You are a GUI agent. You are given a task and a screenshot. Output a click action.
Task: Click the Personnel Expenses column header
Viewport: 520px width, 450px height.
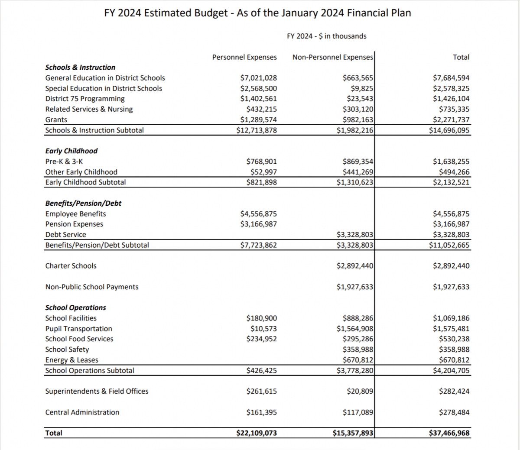(x=244, y=57)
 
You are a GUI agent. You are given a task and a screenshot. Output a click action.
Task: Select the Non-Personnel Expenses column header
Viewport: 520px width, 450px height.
(x=332, y=57)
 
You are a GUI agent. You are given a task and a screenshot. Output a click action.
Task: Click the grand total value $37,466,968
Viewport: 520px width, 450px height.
(x=449, y=433)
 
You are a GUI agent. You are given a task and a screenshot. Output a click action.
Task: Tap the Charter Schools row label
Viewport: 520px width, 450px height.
(x=71, y=266)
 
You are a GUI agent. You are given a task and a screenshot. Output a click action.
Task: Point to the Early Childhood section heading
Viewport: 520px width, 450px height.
(x=71, y=151)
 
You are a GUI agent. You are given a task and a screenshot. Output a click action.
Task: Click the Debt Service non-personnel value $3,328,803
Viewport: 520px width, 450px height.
(x=354, y=234)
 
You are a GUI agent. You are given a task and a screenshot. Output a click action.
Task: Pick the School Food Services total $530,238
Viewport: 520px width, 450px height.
(x=454, y=339)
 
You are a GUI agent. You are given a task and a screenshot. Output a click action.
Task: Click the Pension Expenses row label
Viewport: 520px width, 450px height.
(x=74, y=224)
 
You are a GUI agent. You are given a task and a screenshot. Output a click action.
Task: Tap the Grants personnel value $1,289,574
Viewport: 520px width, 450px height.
(x=258, y=120)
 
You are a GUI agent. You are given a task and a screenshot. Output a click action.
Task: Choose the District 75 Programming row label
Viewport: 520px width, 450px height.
(x=85, y=99)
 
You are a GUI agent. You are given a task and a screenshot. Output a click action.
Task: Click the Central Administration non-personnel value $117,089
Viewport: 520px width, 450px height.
(x=357, y=412)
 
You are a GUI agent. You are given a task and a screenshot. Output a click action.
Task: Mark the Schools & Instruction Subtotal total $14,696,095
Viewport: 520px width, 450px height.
(x=449, y=130)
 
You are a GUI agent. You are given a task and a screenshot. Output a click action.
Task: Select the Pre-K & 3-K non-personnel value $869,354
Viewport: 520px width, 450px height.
(x=357, y=162)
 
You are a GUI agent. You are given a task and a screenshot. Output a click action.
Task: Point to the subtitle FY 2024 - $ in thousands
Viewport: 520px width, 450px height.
(x=327, y=36)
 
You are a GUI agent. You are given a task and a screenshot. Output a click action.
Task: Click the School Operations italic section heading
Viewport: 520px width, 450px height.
(x=75, y=308)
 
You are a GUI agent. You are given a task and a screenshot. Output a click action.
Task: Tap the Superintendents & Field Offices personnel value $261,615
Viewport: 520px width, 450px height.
(x=261, y=391)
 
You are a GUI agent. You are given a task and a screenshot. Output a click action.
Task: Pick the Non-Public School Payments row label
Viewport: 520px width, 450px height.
(x=92, y=287)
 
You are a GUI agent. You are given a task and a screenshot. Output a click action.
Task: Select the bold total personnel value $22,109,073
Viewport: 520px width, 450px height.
(x=257, y=433)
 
